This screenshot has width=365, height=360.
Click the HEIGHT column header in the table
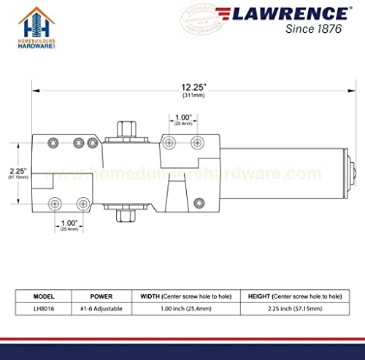point(292,296)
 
